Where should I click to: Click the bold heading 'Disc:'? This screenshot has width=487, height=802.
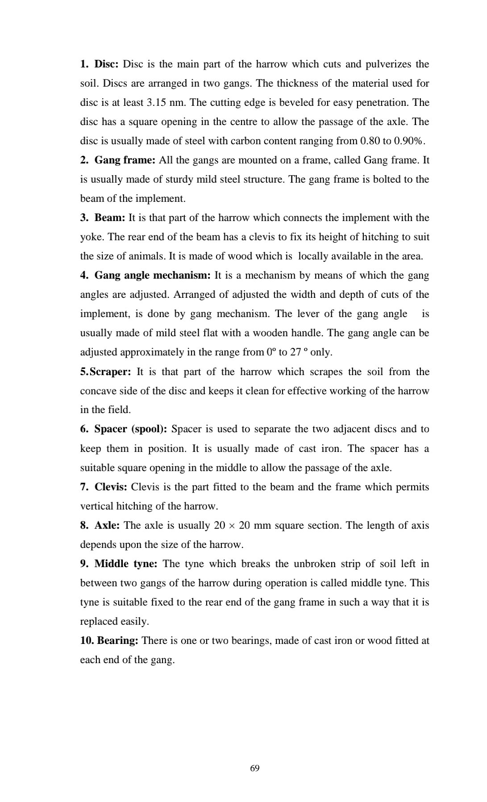(106, 64)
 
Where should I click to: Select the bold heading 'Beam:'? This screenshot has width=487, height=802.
(109, 218)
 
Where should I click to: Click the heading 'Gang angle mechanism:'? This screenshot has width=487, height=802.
(152, 276)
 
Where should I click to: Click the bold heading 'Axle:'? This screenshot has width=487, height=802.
(107, 526)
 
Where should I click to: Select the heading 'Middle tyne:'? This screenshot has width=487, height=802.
(126, 564)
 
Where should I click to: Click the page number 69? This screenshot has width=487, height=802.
(254, 768)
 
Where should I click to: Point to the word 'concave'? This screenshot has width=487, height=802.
(98, 391)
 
